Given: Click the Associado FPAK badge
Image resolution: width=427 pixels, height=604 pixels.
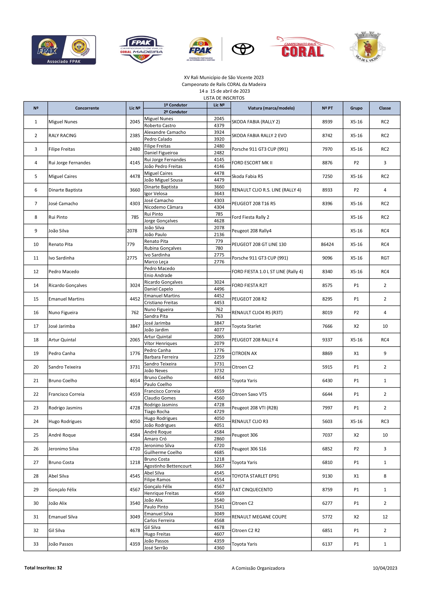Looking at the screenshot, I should (x=64, y=50).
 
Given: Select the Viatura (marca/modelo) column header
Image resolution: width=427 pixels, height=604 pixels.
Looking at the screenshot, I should (x=271, y=108).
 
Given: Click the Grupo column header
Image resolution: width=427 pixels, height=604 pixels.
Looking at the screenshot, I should (x=356, y=108).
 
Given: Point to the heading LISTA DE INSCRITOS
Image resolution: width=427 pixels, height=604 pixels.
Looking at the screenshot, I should (x=224, y=98).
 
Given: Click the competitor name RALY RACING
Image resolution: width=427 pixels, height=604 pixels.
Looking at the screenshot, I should (x=62, y=136).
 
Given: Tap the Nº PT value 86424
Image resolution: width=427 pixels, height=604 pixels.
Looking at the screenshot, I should (x=327, y=244).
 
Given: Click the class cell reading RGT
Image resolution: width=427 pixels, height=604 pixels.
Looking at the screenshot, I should (x=385, y=258).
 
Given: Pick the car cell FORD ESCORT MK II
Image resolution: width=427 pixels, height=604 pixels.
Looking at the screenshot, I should (x=252, y=163).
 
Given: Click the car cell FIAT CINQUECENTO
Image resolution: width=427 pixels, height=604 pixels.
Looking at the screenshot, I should (x=252, y=490).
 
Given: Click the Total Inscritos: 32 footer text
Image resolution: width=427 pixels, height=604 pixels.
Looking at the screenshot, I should (x=43, y=568).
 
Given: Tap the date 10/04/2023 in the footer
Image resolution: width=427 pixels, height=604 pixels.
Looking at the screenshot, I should (x=385, y=568).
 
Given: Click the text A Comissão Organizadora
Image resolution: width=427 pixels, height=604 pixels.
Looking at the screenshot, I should (x=258, y=568).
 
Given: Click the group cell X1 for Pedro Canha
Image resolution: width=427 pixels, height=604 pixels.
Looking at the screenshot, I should (x=356, y=353).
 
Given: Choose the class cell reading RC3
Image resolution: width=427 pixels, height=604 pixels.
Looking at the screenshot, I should (x=385, y=421).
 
